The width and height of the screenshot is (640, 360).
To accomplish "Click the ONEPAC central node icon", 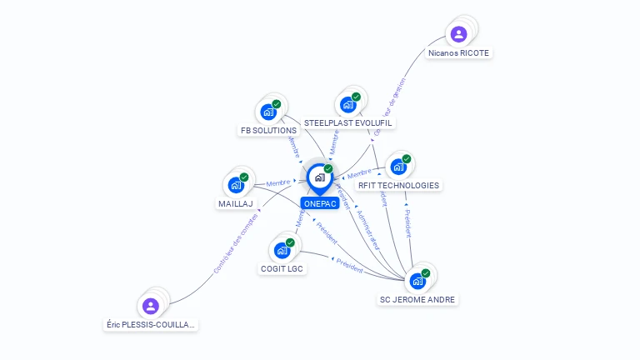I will (x=319, y=177).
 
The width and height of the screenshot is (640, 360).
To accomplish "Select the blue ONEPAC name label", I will (x=320, y=203).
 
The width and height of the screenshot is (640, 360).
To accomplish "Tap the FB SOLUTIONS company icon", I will (x=268, y=112).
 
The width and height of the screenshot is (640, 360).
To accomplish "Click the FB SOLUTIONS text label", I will (x=268, y=131).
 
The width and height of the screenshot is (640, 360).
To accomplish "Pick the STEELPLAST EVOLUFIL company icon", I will (x=347, y=105).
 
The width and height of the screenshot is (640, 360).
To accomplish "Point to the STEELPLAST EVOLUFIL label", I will (x=348, y=123).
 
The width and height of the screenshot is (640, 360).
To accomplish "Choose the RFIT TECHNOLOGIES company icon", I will (x=398, y=167).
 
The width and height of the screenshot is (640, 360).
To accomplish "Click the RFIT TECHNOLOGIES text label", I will (x=398, y=186).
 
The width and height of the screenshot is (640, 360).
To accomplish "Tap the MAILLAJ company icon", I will (x=236, y=185).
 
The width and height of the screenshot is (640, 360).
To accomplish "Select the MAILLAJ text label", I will (x=236, y=203).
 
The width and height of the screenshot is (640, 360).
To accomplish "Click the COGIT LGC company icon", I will (x=282, y=250).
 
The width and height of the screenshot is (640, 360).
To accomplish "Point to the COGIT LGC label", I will (x=282, y=268).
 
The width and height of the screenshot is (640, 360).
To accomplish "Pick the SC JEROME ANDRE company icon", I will (x=417, y=281).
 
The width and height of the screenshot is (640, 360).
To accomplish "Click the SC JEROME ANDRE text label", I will (x=418, y=299).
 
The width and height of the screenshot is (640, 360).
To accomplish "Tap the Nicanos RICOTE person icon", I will (x=457, y=34).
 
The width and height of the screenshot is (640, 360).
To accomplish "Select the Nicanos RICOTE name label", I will (x=458, y=52).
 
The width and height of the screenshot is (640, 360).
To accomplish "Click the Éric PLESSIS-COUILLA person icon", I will (x=150, y=306).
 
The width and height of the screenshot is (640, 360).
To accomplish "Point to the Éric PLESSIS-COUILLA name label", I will (x=151, y=324).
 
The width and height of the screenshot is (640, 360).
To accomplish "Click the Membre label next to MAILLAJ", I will (x=277, y=182).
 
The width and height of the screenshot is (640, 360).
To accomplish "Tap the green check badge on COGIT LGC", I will (x=290, y=242).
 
